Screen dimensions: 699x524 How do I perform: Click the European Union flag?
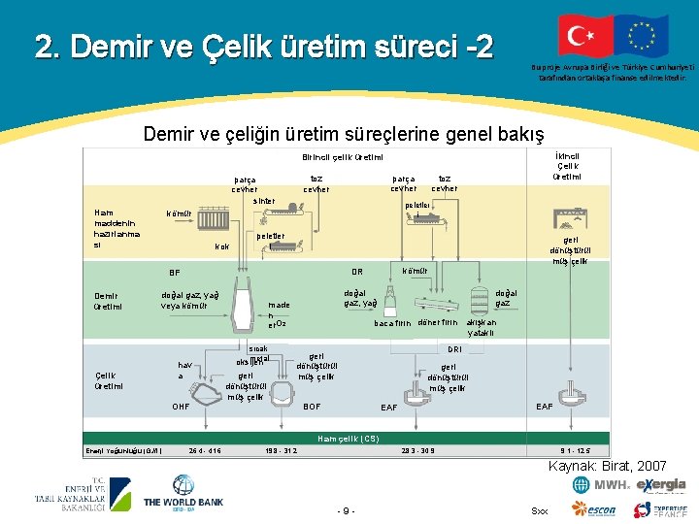point(642,36)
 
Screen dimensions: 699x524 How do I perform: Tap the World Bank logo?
point(183,495)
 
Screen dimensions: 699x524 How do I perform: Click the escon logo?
point(595,509)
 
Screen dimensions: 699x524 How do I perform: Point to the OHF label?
point(180,406)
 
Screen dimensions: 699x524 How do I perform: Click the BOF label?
point(313,406)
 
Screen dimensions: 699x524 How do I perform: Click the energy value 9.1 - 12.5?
point(576,449)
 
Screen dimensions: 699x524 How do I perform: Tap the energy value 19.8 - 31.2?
point(282,449)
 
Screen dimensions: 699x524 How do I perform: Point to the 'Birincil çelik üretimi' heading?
point(342,157)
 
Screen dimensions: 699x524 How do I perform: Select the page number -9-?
point(347,510)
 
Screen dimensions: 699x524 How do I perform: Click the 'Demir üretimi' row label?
point(108,301)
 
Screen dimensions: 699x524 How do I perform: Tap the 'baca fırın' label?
point(392,323)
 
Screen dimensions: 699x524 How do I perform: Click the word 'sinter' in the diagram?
point(265,201)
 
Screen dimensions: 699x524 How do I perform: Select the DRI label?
point(453,348)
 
